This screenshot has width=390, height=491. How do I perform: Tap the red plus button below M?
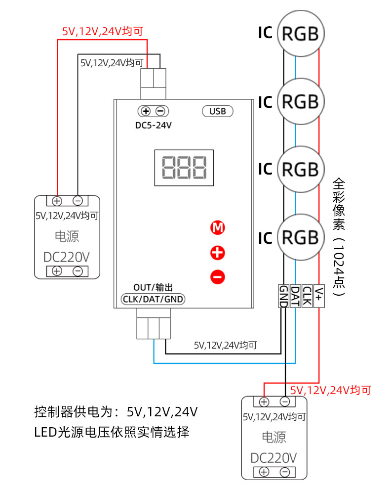tap(218, 253)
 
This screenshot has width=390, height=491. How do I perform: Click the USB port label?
tap(218, 111)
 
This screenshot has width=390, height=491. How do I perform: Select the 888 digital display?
tap(184, 167)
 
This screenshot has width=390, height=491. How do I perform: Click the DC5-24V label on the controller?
tap(154, 126)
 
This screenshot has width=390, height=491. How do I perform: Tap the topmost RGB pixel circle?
tap(300, 34)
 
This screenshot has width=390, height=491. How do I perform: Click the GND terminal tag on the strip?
tap(283, 296)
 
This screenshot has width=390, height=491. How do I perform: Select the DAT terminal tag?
tap(295, 296)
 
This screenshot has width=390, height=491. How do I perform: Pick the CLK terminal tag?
tap(307, 296)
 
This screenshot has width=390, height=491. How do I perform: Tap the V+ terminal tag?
tap(319, 296)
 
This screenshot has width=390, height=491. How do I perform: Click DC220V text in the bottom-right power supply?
tap(274, 457)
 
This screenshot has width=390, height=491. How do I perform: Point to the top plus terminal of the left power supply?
tap(57, 201)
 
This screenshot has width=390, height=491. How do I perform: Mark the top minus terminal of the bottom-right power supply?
tap(285, 402)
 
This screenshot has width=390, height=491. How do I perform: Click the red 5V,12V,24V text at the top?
tap(102, 32)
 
